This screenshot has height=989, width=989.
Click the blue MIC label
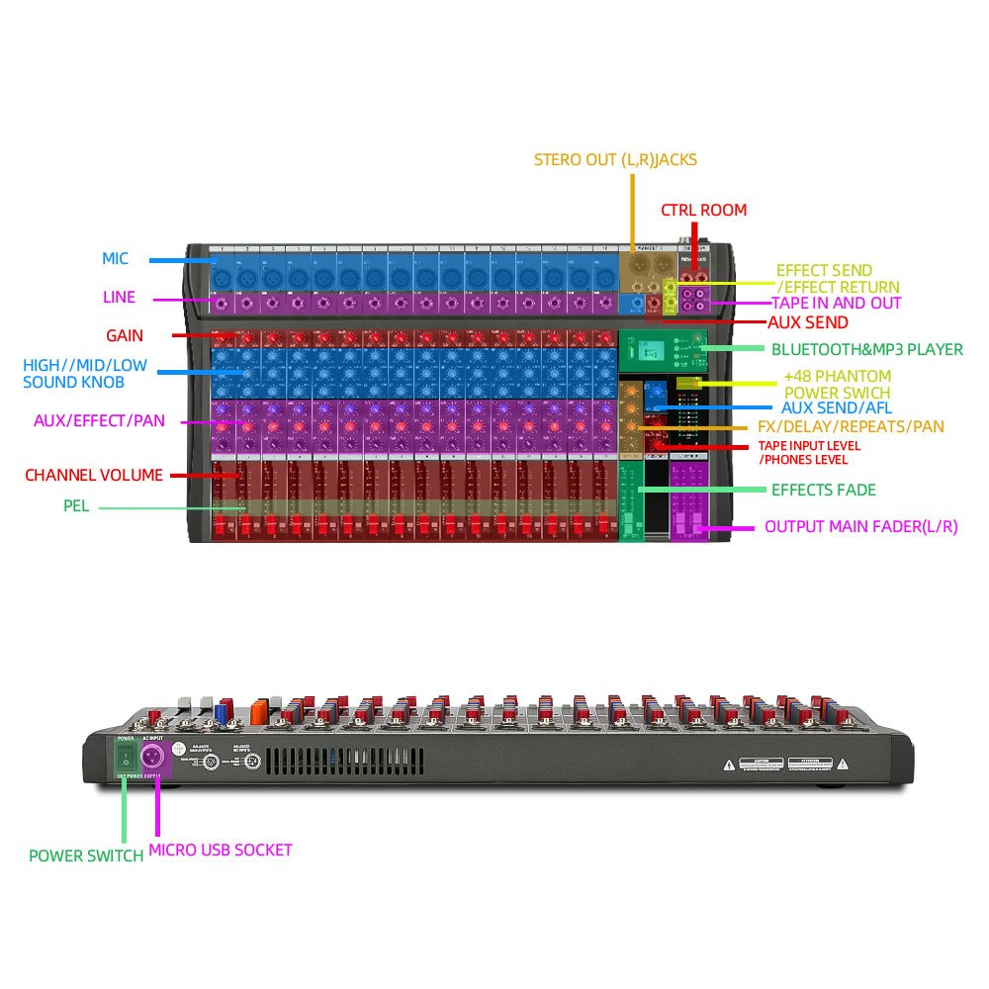(x=115, y=259)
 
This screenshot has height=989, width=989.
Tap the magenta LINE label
(x=119, y=297)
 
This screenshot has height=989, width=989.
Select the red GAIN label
(x=126, y=336)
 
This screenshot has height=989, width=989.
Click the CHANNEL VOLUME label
(x=93, y=476)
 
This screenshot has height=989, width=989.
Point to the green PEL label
(x=76, y=506)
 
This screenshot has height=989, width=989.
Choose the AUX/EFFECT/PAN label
(x=99, y=421)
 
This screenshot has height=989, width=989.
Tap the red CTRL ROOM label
(x=703, y=210)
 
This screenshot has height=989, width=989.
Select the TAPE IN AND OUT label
(x=836, y=303)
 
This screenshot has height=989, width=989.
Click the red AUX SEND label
(x=808, y=322)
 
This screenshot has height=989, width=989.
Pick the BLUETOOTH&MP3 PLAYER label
(x=866, y=349)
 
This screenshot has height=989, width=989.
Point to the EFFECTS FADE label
(x=823, y=490)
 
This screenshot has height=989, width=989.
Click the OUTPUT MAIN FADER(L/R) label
(x=860, y=527)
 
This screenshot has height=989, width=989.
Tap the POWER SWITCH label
(x=86, y=855)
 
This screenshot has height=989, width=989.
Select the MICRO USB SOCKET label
(x=220, y=850)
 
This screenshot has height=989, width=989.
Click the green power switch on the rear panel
(x=126, y=759)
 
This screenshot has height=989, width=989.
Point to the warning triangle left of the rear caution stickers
(x=730, y=764)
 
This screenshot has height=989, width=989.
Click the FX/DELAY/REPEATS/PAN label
(x=851, y=427)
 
